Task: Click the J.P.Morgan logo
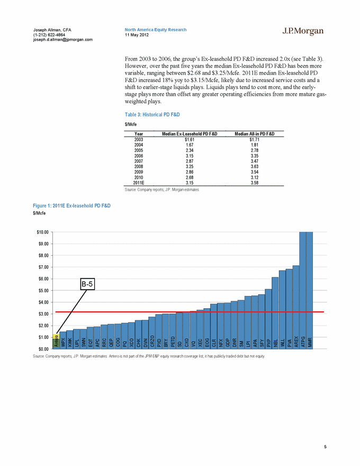[303, 31]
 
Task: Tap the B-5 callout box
[87, 284]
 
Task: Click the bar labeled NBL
[275, 313]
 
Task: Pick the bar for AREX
[296, 307]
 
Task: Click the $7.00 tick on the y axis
[42, 267]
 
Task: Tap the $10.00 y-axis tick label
[42, 232]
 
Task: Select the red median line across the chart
[190, 312]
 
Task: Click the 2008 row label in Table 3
[139, 167]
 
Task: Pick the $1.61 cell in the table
[190, 139]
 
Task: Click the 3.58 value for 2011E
[254, 183]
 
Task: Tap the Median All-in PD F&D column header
[255, 134]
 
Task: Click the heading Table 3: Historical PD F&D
[152, 115]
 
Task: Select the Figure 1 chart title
[71, 205]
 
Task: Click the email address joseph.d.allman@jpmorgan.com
[62, 40]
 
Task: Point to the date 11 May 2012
[137, 35]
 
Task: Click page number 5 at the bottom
[325, 447]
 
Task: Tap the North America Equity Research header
[156, 30]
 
